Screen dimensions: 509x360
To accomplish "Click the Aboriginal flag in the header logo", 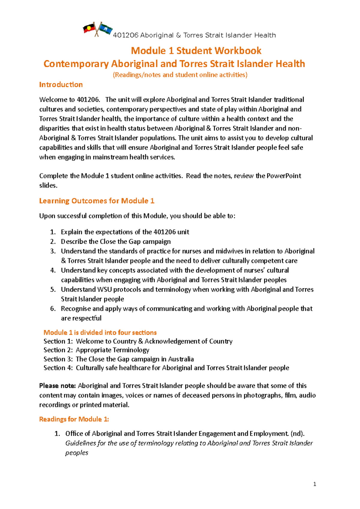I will (x=89, y=29).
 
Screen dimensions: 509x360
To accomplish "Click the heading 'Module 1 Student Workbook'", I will (x=196, y=51).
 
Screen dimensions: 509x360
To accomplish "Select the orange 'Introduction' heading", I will (x=61, y=85).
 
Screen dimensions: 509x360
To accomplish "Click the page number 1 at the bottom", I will (x=314, y=484).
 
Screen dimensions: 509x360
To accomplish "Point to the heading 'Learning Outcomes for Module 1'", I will (x=97, y=201).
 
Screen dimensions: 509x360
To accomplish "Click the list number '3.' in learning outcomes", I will (x=53, y=251).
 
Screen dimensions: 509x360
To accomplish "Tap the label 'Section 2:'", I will (x=58, y=350).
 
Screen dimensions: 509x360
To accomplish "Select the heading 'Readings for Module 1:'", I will (x=74, y=419).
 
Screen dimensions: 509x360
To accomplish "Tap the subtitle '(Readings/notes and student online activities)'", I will (x=180, y=75).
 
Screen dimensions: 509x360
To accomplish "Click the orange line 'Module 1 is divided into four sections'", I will (x=100, y=332).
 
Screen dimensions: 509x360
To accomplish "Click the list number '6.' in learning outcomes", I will (x=53, y=309).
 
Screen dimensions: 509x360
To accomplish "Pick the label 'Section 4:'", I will (x=58, y=368).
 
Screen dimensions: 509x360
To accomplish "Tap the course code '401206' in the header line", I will (x=126, y=35).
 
